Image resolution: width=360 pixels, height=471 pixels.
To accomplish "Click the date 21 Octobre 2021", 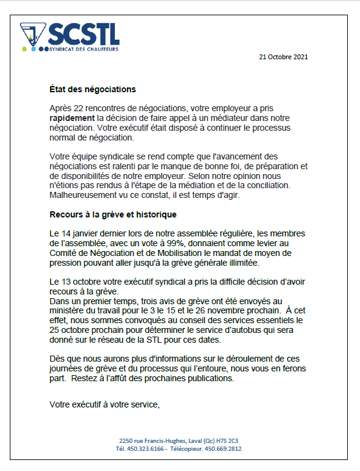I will pos(284,57).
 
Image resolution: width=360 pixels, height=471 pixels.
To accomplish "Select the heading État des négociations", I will pos(92,89).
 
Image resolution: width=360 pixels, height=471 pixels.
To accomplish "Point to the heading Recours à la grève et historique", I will pos(113,215).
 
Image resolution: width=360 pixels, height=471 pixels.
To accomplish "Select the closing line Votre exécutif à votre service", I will pos(105,404).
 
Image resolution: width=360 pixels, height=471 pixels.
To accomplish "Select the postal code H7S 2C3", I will pos(229,440).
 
